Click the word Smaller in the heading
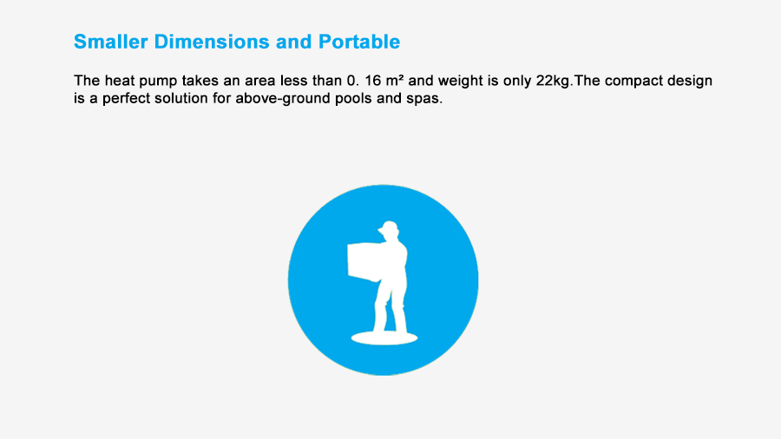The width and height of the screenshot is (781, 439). (x=110, y=42)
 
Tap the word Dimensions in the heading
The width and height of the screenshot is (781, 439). (x=212, y=42)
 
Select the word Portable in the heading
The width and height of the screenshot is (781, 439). (x=359, y=42)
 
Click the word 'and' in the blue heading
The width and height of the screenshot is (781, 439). (x=294, y=42)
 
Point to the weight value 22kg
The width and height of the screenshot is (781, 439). (x=553, y=82)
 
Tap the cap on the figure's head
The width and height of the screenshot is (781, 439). (x=389, y=226)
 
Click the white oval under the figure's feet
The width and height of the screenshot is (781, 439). (x=384, y=338)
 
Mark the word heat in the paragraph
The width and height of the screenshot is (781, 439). (x=120, y=81)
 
